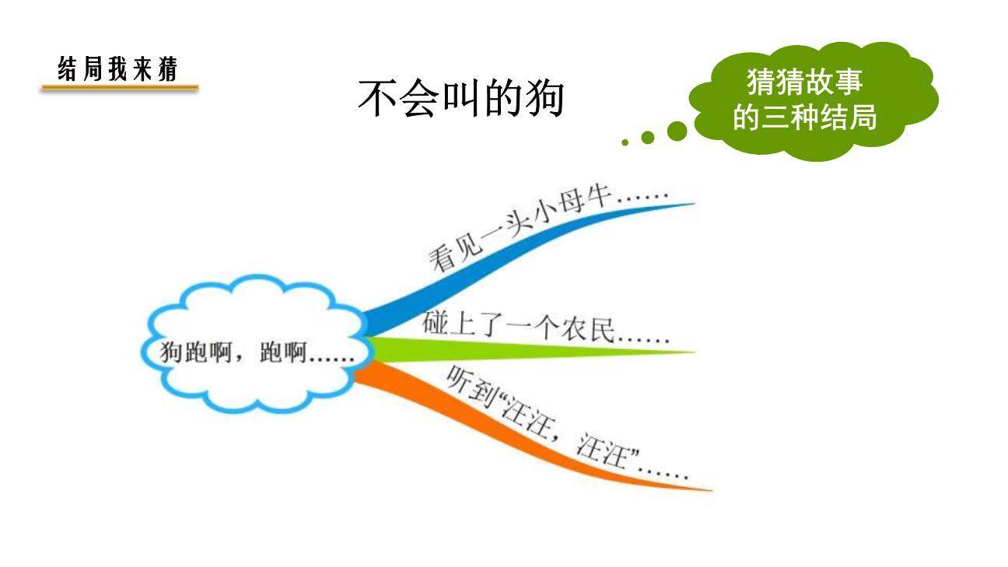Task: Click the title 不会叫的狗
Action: coord(460,99)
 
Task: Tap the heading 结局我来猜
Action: coord(118,69)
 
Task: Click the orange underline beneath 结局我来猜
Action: coord(120,89)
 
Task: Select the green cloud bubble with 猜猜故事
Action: coord(814,100)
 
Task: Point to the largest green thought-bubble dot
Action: coord(677,131)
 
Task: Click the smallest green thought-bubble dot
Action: coord(625,142)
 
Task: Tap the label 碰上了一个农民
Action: coord(544,328)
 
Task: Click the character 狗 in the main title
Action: coord(544,99)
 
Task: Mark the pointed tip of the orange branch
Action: coord(709,490)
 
